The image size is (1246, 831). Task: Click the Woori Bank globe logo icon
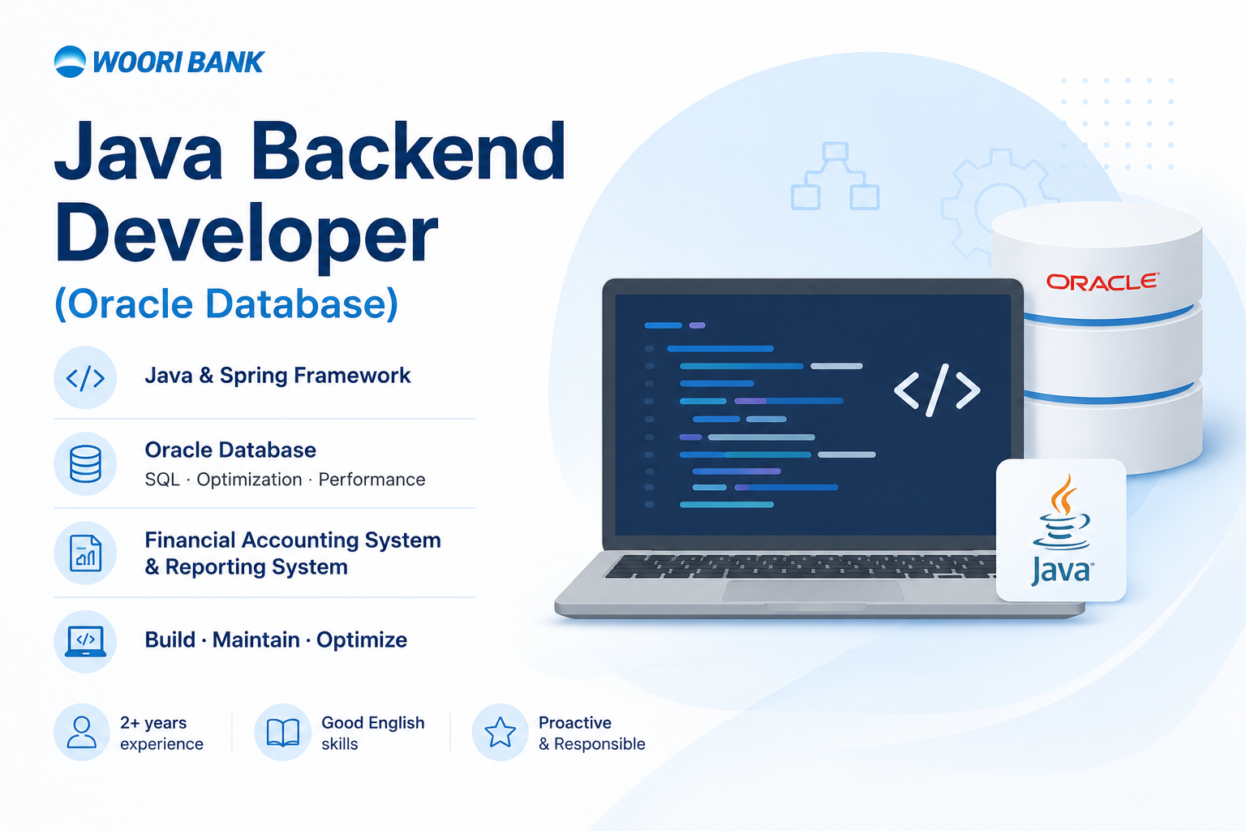click(70, 61)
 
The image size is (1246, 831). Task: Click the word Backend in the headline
click(409, 151)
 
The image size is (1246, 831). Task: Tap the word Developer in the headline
click(247, 235)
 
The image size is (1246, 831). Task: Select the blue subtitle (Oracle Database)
click(226, 304)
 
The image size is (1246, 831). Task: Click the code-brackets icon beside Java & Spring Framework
click(85, 378)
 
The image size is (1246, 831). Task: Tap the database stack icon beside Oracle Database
click(85, 463)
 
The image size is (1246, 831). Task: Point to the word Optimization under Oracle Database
click(249, 480)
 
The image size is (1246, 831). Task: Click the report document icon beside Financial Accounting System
click(85, 553)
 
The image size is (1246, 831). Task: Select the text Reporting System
click(256, 566)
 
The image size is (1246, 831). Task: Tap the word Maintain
click(256, 640)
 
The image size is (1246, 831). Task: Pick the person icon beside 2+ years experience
click(82, 732)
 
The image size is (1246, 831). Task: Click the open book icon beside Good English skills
click(282, 732)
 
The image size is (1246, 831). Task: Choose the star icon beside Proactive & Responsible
click(500, 732)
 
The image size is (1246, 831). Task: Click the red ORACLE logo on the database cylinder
click(1102, 282)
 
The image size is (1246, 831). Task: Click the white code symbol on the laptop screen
click(937, 390)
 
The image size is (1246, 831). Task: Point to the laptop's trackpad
click(813, 591)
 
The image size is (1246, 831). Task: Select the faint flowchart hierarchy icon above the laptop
click(835, 176)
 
